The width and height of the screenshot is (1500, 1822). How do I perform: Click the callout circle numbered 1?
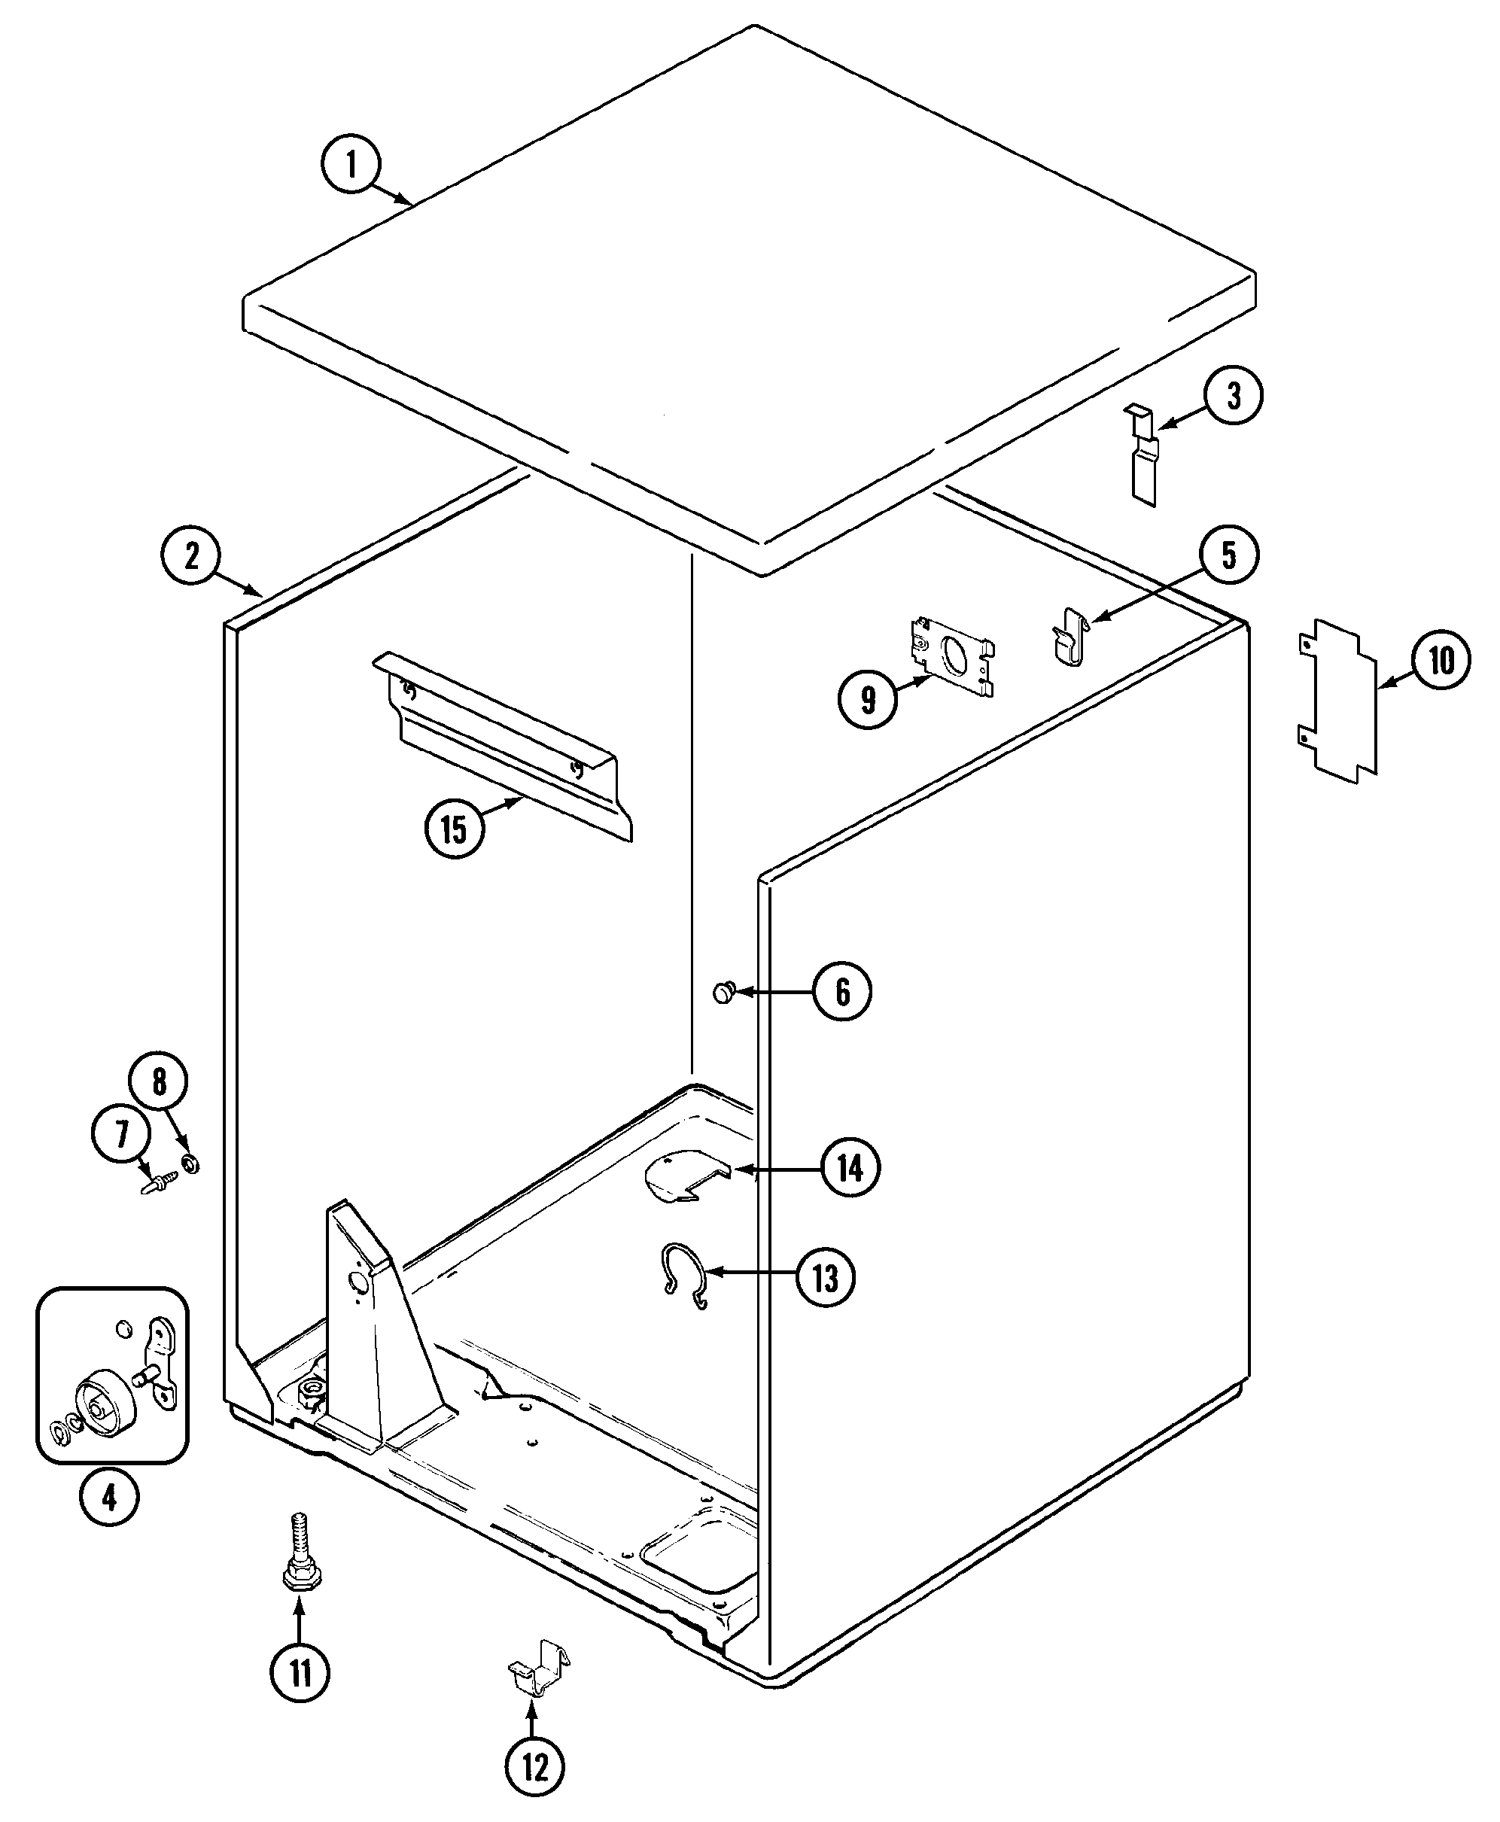coord(351,163)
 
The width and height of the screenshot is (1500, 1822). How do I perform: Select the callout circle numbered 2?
coord(190,555)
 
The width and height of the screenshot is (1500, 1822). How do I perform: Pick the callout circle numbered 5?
coord(1228,555)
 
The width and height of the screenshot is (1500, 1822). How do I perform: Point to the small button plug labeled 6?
coord(723,993)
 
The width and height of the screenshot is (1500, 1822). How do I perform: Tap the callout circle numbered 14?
coord(850,1168)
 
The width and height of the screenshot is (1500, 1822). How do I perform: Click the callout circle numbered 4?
coord(110,1497)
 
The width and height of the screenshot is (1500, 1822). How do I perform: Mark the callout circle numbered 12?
coord(535,1767)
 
